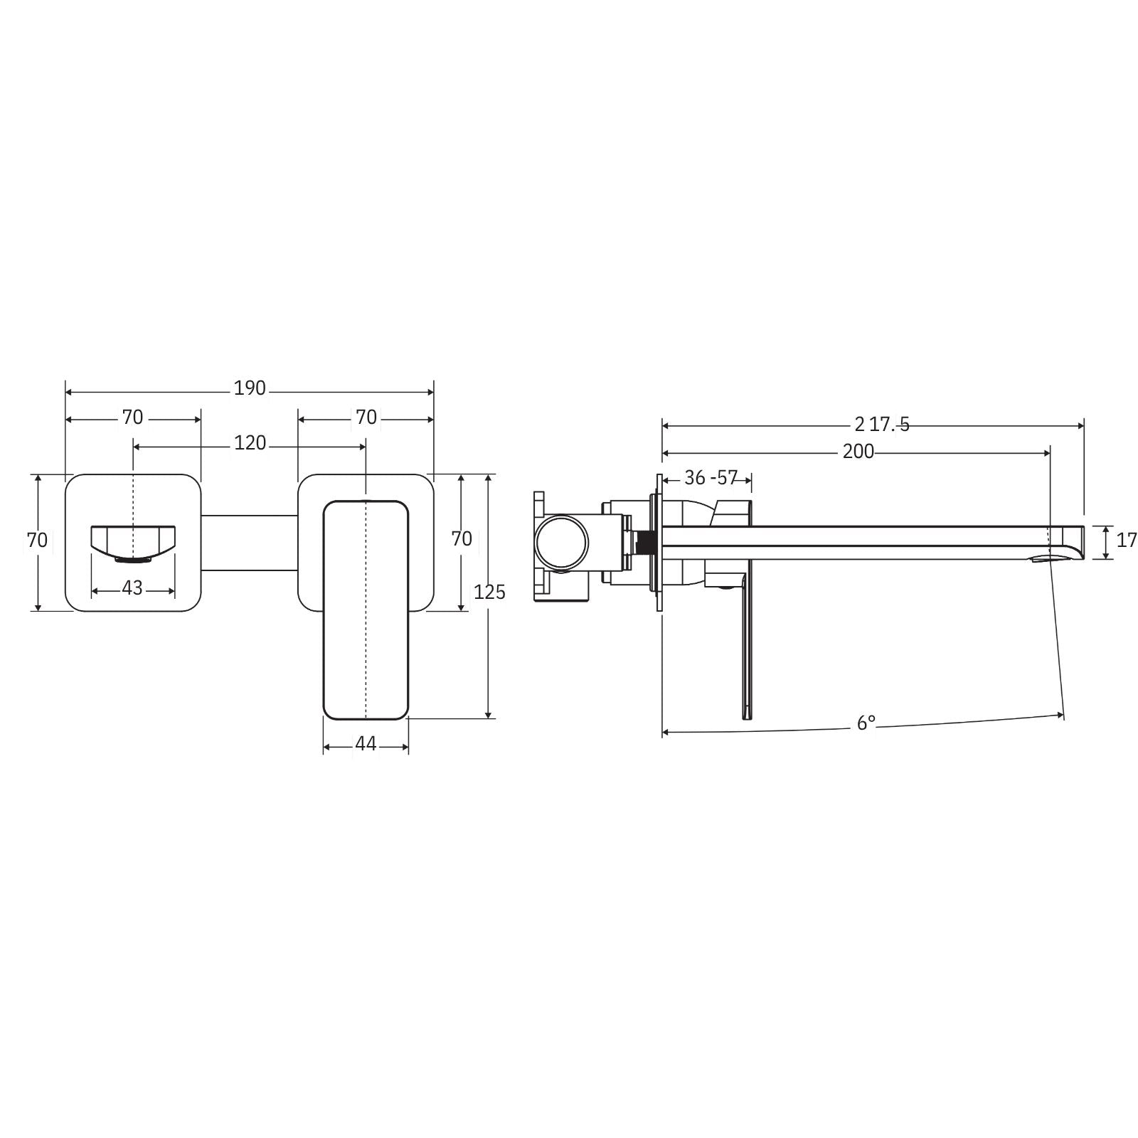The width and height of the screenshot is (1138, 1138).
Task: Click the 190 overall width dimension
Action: [250, 388]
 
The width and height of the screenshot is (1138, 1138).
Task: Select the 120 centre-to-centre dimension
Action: [250, 443]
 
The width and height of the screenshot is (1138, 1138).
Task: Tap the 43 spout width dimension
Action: [132, 588]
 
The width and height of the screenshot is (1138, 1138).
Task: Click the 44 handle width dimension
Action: [366, 743]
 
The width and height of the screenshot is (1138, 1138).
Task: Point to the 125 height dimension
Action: [489, 592]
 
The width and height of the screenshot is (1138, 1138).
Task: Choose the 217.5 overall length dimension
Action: [881, 425]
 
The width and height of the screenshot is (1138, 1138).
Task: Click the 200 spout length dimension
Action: [858, 452]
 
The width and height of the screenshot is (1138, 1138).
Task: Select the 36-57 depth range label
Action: [711, 478]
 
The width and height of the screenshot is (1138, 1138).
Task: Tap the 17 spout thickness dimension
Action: [1127, 540]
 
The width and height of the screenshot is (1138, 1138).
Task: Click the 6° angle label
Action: [866, 723]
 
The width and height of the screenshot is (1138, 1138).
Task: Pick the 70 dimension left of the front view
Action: [38, 540]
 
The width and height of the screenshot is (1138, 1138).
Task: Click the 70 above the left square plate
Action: [132, 418]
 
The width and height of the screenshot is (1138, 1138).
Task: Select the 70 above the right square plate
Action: [366, 418]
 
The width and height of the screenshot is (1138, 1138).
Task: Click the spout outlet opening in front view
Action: [132, 559]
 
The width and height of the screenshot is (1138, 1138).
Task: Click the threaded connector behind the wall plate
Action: [644, 542]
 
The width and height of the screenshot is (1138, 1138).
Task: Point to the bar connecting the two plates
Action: [249, 542]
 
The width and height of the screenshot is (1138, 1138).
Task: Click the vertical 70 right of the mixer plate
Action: [462, 538]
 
